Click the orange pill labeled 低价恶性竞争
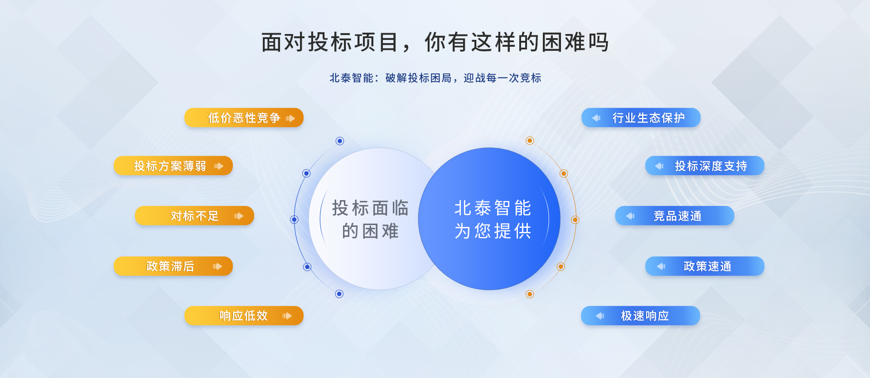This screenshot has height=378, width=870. click(244, 118)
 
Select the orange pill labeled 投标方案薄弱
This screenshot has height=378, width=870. click(173, 166)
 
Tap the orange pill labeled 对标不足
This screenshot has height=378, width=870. click(194, 216)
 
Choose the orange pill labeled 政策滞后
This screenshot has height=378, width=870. click(173, 266)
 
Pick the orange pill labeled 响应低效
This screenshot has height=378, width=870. click(244, 315)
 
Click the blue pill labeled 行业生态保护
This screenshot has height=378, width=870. click(641, 118)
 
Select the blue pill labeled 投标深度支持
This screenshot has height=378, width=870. click(705, 166)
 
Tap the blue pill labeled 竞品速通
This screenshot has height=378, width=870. click(674, 216)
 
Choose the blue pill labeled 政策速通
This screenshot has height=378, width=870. click(705, 266)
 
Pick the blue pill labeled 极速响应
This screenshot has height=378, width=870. click(640, 315)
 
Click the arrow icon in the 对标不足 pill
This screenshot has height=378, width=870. click(239, 216)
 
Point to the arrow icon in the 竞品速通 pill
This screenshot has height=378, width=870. click(630, 216)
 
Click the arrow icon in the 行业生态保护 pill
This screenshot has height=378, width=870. click(596, 118)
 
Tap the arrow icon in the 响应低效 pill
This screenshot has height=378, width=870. click(287, 316)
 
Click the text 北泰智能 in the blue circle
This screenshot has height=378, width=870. click(493, 208)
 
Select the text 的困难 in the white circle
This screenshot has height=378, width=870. click(370, 231)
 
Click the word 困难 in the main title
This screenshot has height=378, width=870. click(563, 42)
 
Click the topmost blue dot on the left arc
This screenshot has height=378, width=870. click(340, 141)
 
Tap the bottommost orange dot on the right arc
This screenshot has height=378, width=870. click(530, 294)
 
